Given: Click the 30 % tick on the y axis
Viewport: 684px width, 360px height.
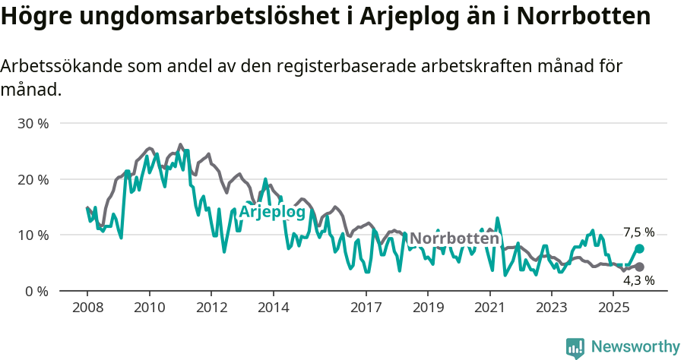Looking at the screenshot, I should [33, 123].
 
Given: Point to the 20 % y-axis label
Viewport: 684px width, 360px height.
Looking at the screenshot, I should [33, 179].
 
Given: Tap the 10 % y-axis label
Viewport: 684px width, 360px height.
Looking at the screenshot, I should [33, 235].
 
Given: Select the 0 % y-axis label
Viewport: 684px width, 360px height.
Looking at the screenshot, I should [37, 291].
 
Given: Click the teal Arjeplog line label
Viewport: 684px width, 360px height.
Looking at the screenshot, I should [272, 212].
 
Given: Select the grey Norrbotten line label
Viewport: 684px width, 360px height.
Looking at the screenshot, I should [454, 238].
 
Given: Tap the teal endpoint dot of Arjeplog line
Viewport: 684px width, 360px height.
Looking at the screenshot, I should [639, 248].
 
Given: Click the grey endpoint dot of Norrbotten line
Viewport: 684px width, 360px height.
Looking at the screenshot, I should [639, 267].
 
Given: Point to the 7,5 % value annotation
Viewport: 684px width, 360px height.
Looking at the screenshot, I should [638, 232].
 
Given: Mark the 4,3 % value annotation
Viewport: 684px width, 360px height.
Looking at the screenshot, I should [638, 281].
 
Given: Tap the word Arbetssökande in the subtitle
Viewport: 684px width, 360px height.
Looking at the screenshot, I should [55, 66].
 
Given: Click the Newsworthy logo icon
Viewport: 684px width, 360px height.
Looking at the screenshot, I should [575, 347].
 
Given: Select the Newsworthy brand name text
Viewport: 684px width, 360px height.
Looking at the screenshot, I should [635, 347].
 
